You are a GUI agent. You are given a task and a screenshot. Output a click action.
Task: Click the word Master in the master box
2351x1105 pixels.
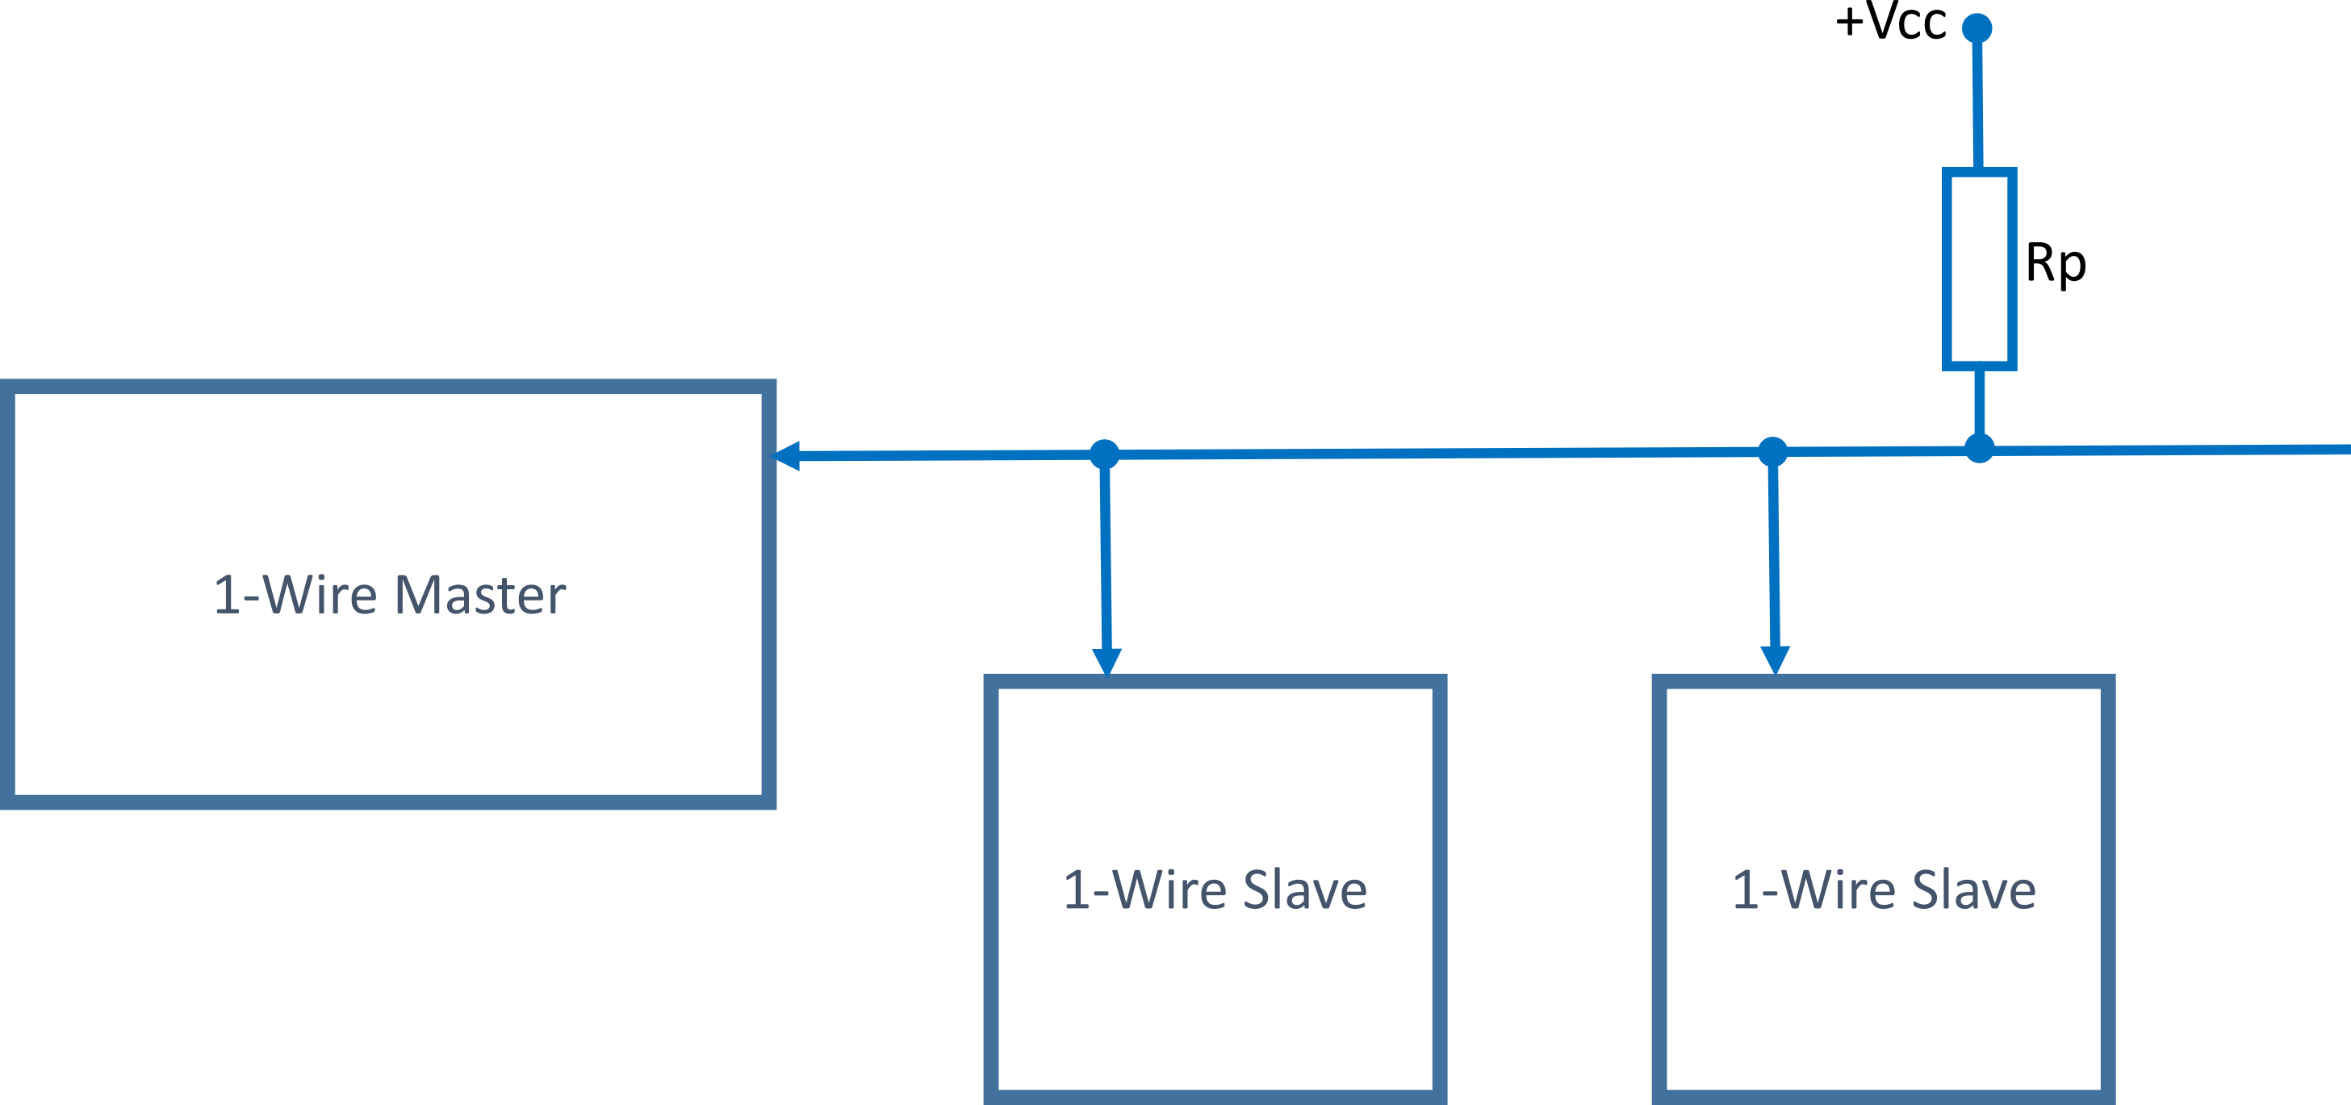pyautogui.click(x=480, y=595)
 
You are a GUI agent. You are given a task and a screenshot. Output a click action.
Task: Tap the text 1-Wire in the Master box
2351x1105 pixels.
pyautogui.click(x=295, y=595)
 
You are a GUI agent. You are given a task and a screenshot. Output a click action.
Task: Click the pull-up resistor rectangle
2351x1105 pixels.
pyautogui.click(x=1979, y=269)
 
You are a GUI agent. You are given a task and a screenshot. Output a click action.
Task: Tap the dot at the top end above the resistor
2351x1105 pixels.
pyautogui.click(x=1977, y=28)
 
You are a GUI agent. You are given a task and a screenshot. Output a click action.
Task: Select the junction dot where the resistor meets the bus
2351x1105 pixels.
pyautogui.click(x=1979, y=448)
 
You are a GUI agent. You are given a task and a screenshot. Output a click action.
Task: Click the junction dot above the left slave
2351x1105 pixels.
pyautogui.click(x=1104, y=454)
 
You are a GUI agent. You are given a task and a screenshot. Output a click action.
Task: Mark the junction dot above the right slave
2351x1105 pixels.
pyautogui.click(x=1772, y=450)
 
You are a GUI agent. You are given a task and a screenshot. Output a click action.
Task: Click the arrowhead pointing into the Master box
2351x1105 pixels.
pyautogui.click(x=786, y=455)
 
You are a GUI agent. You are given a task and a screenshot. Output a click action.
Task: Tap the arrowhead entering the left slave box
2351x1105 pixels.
pyautogui.click(x=1107, y=662)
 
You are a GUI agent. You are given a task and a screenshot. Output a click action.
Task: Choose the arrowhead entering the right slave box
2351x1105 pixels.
pyautogui.click(x=1775, y=659)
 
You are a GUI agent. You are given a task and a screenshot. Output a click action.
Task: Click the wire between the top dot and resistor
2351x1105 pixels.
pyautogui.click(x=1977, y=100)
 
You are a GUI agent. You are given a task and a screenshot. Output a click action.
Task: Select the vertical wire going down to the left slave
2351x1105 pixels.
pyautogui.click(x=1105, y=557)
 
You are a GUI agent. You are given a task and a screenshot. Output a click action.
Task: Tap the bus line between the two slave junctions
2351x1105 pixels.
pyautogui.click(x=1437, y=453)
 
